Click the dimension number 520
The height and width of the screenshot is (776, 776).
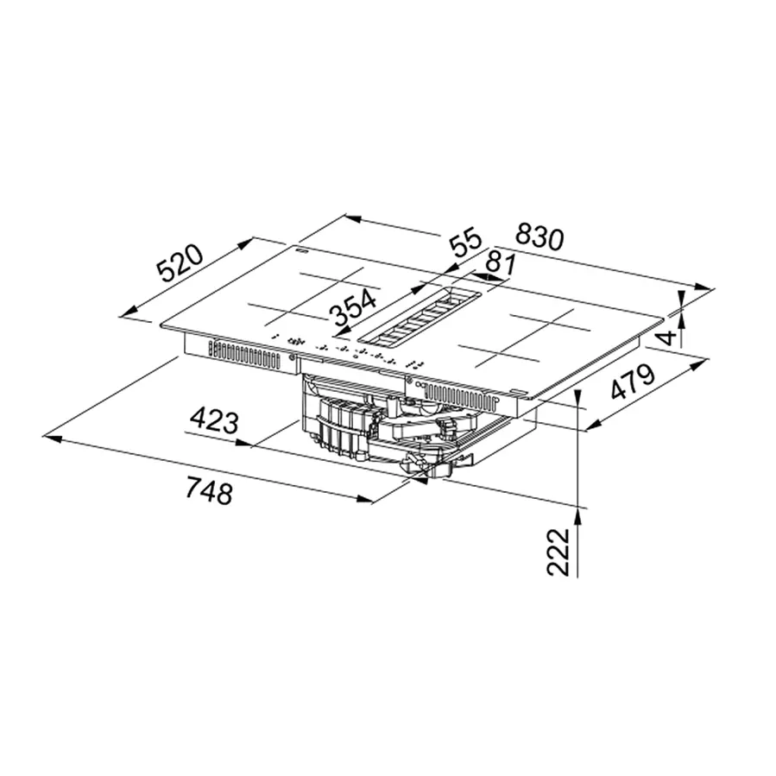(180, 262)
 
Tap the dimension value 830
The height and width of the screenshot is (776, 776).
(539, 237)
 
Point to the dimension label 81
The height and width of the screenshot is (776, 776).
(501, 262)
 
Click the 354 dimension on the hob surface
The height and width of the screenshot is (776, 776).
(353, 308)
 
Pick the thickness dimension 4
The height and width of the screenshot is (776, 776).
(668, 338)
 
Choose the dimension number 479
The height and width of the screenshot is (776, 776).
(633, 382)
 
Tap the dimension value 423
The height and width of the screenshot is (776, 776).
(215, 420)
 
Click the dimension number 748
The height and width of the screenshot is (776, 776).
(209, 490)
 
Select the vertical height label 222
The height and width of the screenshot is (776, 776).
(558, 552)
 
